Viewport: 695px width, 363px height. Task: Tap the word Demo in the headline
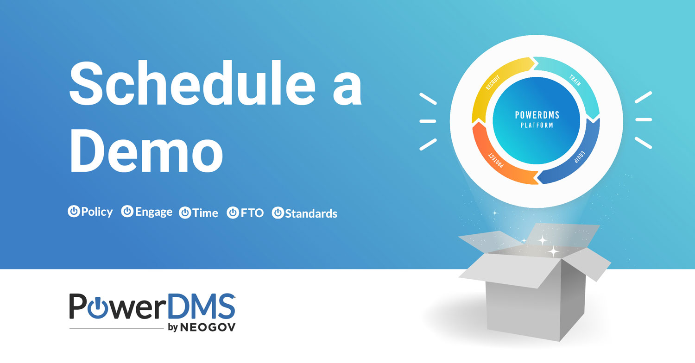coord(146,149)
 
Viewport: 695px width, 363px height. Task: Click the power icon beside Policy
coord(74,212)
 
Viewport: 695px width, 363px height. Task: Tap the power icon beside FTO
coord(233,213)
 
